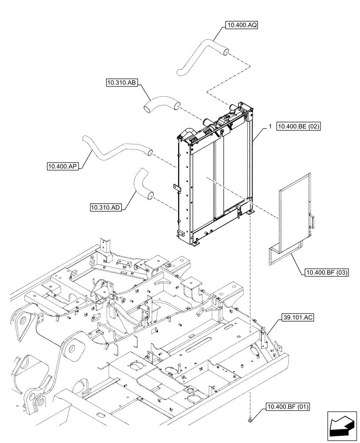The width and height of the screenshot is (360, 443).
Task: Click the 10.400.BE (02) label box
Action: (x=298, y=127)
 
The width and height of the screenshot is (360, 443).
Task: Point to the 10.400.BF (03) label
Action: (x=325, y=272)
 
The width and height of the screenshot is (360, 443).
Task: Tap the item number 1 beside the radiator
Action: (x=269, y=127)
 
